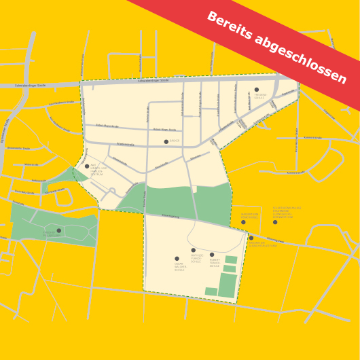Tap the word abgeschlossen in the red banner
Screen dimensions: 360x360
pos(303,59)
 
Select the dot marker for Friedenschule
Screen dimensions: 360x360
pos(256,89)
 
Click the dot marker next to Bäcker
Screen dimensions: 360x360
pos(166,141)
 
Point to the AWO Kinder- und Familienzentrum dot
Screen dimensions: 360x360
pos(87,165)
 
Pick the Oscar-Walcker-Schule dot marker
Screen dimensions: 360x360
pos(177,258)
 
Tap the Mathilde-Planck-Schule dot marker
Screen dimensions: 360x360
pos(193,250)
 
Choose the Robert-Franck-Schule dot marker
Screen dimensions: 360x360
pos(212,255)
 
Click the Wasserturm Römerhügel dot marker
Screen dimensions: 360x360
pos(243,222)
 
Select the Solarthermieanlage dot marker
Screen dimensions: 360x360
pos(275,222)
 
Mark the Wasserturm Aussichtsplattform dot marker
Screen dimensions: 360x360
pos(251,238)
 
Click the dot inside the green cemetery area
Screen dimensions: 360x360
pos(58,230)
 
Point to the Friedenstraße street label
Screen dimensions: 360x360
pos(125,144)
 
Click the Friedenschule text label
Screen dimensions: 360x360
pos(260,96)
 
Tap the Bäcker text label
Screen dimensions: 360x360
pos(175,141)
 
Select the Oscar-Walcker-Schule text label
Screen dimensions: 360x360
pos(179,267)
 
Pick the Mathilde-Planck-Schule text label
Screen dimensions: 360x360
pos(196,258)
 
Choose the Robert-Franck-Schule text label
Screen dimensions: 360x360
pos(215,263)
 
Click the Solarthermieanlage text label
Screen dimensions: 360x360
pos(287,213)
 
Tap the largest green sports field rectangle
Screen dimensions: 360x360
pos(228,285)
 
